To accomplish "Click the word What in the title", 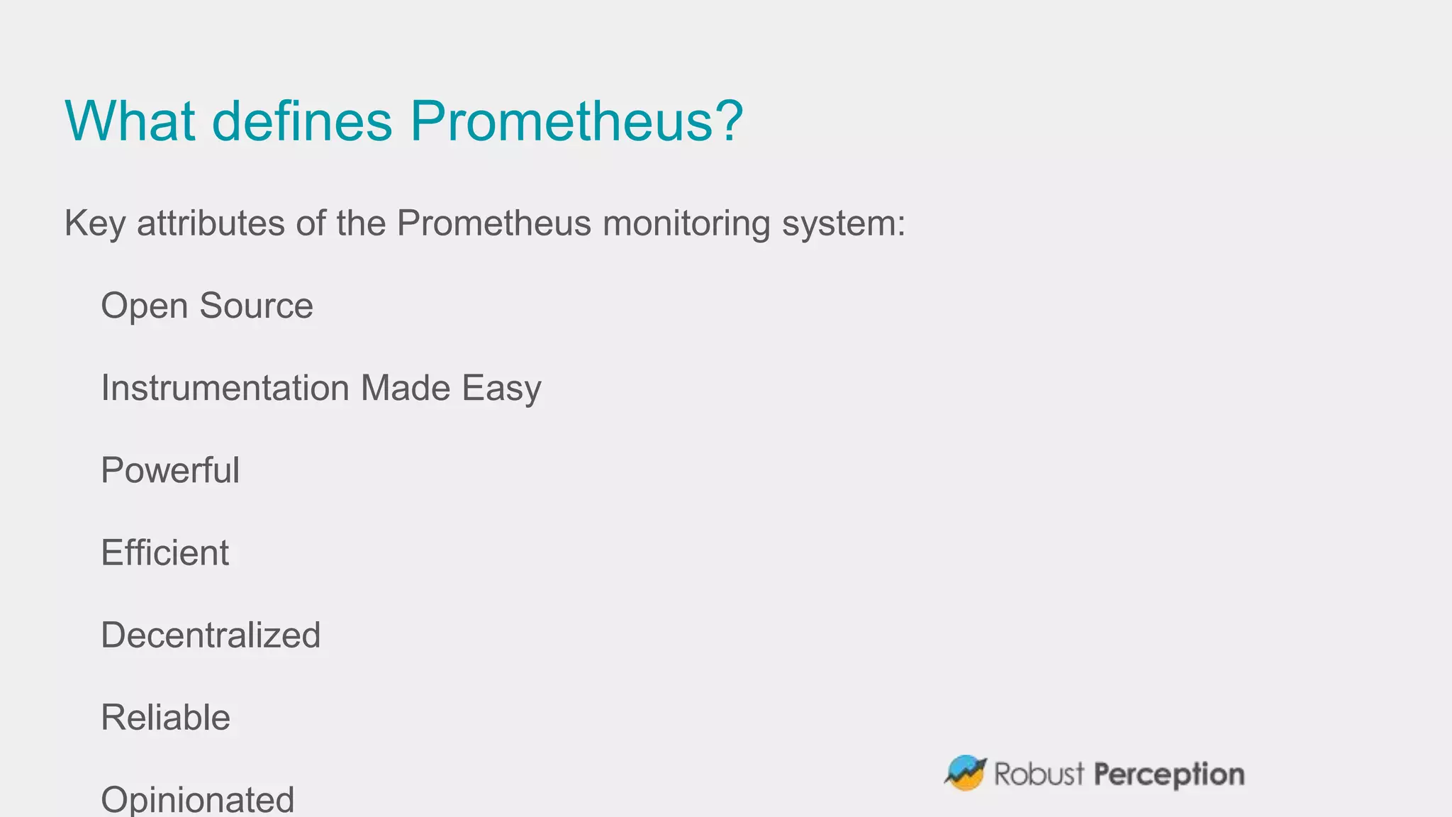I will [129, 121].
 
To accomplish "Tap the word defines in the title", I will [302, 121].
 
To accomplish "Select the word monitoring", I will [686, 224].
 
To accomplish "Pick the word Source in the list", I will [256, 306].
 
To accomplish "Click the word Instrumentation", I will [225, 388].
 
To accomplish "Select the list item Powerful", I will [170, 470].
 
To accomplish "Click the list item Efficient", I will [164, 552].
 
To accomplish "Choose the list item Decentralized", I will [211, 635].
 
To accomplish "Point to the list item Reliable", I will [165, 717].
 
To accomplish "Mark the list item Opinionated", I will [197, 800].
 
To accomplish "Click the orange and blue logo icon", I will [966, 773].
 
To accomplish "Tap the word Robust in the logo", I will [1039, 774].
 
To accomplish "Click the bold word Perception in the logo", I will [1168, 774].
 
